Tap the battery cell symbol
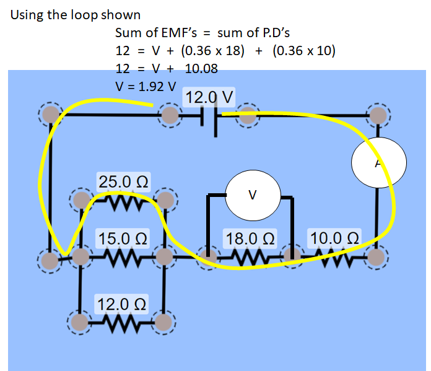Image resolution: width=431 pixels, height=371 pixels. point(209,116)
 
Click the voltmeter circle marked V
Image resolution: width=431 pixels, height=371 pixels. point(251,195)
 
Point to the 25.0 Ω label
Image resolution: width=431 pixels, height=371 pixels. point(123,182)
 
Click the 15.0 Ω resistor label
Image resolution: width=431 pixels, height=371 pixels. point(123,238)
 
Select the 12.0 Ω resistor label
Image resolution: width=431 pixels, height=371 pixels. point(121,304)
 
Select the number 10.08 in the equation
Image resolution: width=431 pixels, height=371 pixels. point(201,68)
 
